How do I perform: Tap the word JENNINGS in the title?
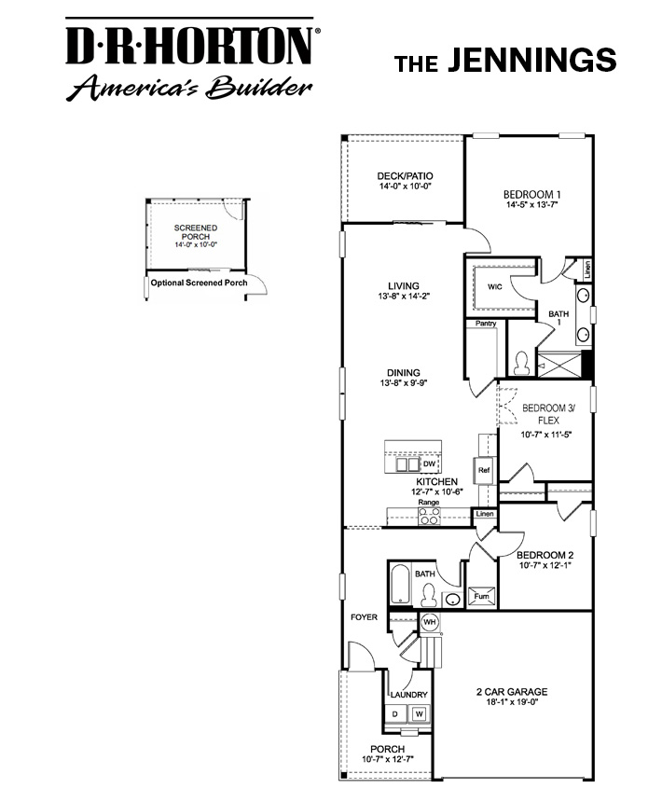(x=531, y=61)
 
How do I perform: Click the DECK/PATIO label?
(x=405, y=176)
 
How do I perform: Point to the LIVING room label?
(x=404, y=286)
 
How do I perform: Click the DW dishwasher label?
(x=429, y=463)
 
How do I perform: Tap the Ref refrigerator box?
(x=484, y=471)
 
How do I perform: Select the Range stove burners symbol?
(x=428, y=519)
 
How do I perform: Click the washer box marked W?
(x=420, y=714)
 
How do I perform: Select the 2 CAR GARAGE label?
(x=511, y=692)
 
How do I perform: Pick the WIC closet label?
(x=494, y=286)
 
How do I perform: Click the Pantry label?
(x=485, y=324)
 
